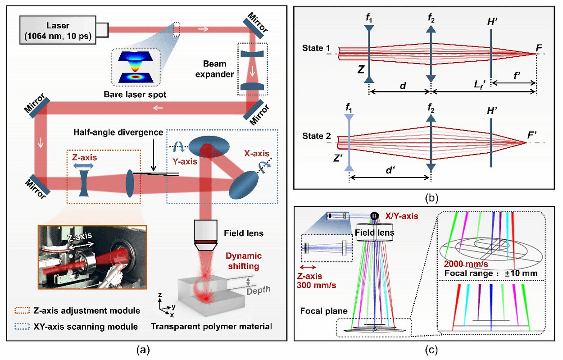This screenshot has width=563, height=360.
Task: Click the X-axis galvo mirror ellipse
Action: pos(245,184)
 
